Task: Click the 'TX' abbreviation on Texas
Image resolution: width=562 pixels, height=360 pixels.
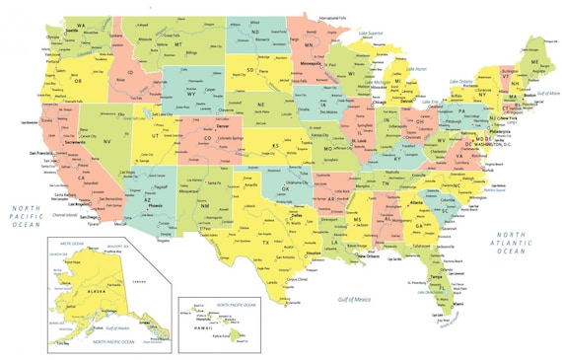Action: (x=265, y=242)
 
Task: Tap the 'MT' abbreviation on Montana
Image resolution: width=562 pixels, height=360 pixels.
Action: (x=179, y=44)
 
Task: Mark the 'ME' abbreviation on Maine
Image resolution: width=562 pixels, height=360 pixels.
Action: (x=535, y=61)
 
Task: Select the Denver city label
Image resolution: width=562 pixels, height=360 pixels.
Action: (x=223, y=127)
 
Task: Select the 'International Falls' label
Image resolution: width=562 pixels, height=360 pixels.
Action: (x=334, y=17)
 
